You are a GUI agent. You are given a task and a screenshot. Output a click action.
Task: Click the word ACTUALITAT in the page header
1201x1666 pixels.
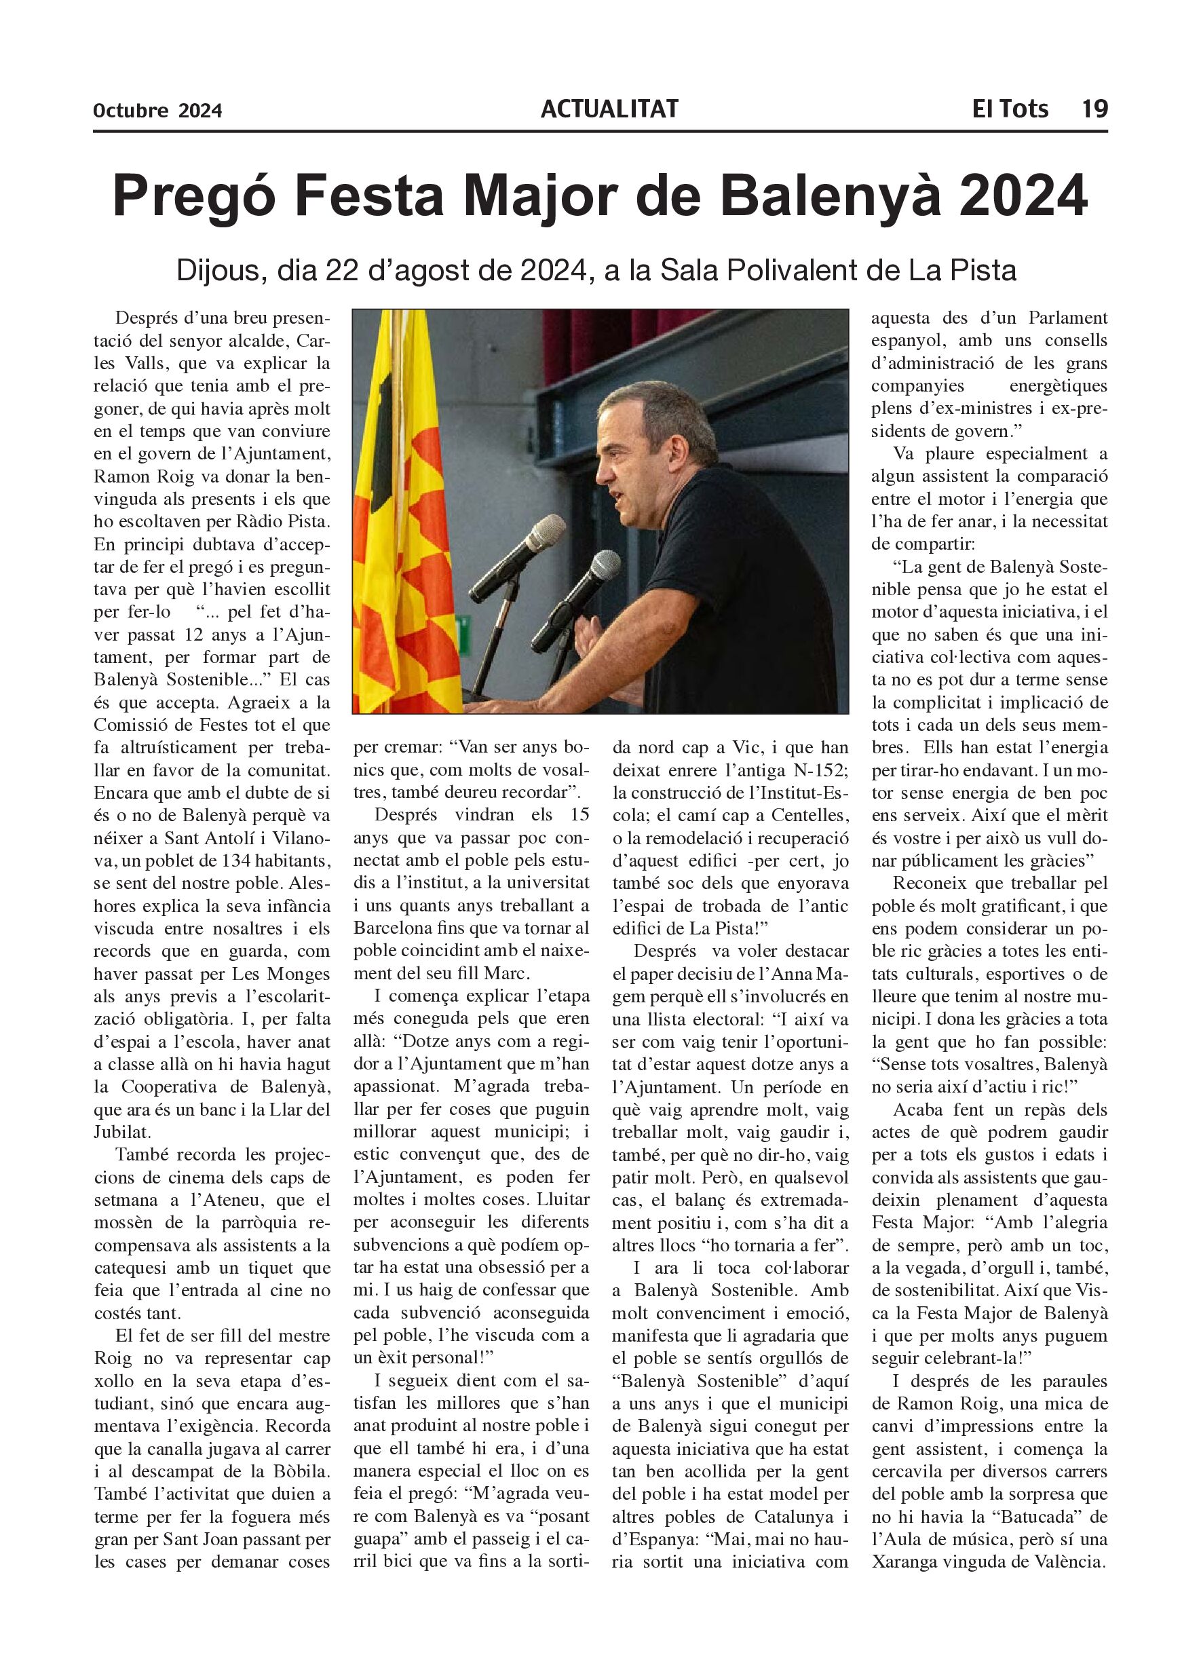coord(609,109)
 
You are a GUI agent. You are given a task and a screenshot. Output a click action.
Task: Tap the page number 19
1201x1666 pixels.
coord(1094,109)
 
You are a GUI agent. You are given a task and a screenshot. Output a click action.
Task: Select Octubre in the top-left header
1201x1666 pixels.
coord(131,111)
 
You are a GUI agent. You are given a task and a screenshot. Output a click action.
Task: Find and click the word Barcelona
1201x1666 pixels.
coord(393,928)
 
